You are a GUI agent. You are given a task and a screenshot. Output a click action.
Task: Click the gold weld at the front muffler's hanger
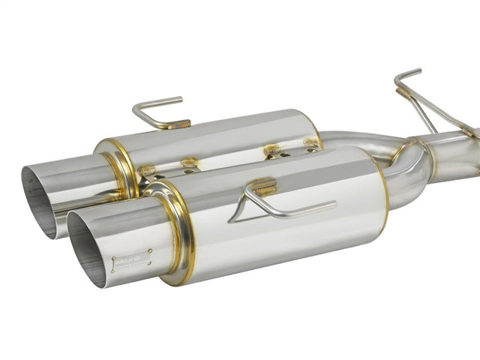click(262, 186)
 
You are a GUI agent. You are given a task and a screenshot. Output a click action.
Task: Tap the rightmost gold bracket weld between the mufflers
click(310, 142)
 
